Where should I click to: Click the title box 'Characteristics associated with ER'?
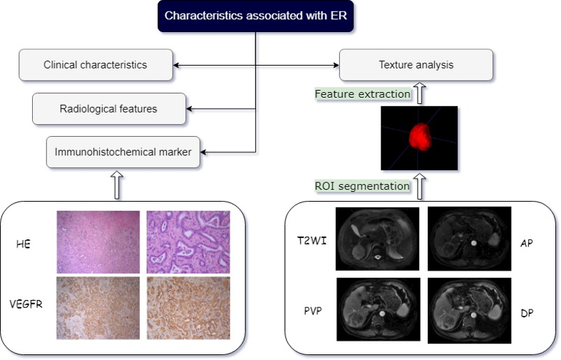click(x=255, y=16)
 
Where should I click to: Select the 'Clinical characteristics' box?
click(x=96, y=65)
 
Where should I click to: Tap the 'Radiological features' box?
click(x=108, y=109)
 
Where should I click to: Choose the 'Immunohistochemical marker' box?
click(x=123, y=151)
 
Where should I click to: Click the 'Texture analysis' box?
click(x=416, y=65)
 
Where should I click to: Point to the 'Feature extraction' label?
click(x=363, y=94)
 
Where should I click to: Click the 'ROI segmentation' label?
click(x=362, y=186)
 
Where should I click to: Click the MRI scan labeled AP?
click(x=468, y=237)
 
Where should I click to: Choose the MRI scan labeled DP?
click(x=468, y=309)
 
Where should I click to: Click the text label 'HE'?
click(x=23, y=244)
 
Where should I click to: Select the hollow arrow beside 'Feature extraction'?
click(x=421, y=93)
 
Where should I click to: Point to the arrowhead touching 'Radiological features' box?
click(x=190, y=109)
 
